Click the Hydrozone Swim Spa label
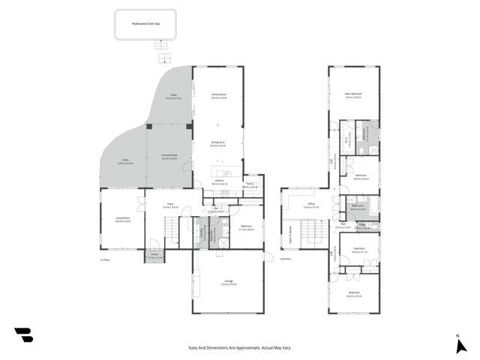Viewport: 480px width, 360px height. pyautogui.click(x=143, y=24)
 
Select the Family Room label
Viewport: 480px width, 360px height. pyautogui.click(x=219, y=94)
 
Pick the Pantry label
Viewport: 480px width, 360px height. pyautogui.click(x=249, y=184)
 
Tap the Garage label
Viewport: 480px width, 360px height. pyautogui.click(x=228, y=282)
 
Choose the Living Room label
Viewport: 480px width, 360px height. pyautogui.click(x=123, y=218)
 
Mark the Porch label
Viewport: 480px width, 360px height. pyautogui.click(x=154, y=256)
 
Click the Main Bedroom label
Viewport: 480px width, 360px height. pyautogui.click(x=354, y=94)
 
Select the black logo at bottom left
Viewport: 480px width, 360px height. pyautogui.click(x=23, y=335)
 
